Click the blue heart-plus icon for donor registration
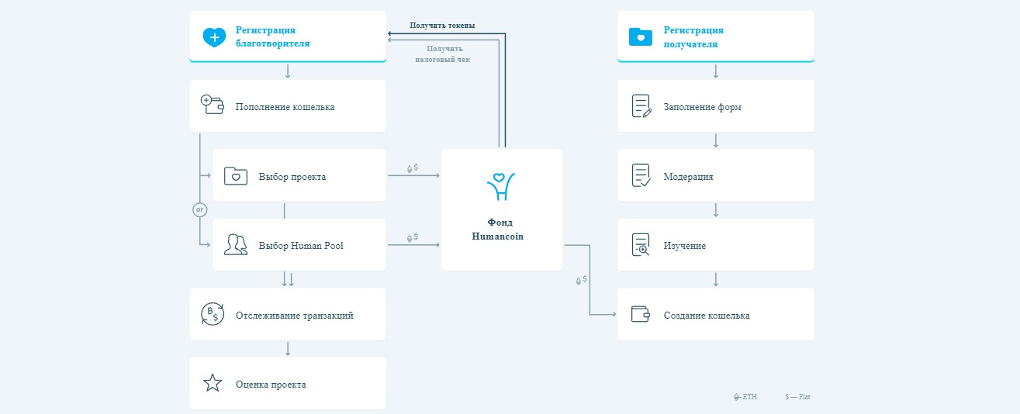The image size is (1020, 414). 214,37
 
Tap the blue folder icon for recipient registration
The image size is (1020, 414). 640,37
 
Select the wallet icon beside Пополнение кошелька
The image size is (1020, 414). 213,105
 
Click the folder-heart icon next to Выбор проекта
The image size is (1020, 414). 236,176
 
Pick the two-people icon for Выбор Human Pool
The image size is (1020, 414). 236,245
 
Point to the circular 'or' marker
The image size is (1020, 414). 199,210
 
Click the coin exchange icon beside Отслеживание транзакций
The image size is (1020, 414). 213,314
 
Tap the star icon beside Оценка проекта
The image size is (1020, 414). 213,383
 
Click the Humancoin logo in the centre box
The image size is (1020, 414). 500,186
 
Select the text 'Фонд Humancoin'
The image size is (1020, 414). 498,229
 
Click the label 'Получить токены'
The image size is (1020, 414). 442,26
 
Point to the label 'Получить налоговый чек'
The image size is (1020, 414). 443,53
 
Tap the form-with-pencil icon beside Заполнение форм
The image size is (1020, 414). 641,106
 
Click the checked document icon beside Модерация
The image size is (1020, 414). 641,175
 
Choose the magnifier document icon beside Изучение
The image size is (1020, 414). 641,245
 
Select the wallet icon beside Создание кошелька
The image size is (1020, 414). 640,314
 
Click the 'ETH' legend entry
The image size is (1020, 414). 745,397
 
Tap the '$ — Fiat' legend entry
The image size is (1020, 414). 797,397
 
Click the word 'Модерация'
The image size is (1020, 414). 688,177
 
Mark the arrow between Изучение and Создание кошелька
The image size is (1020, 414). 716,279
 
